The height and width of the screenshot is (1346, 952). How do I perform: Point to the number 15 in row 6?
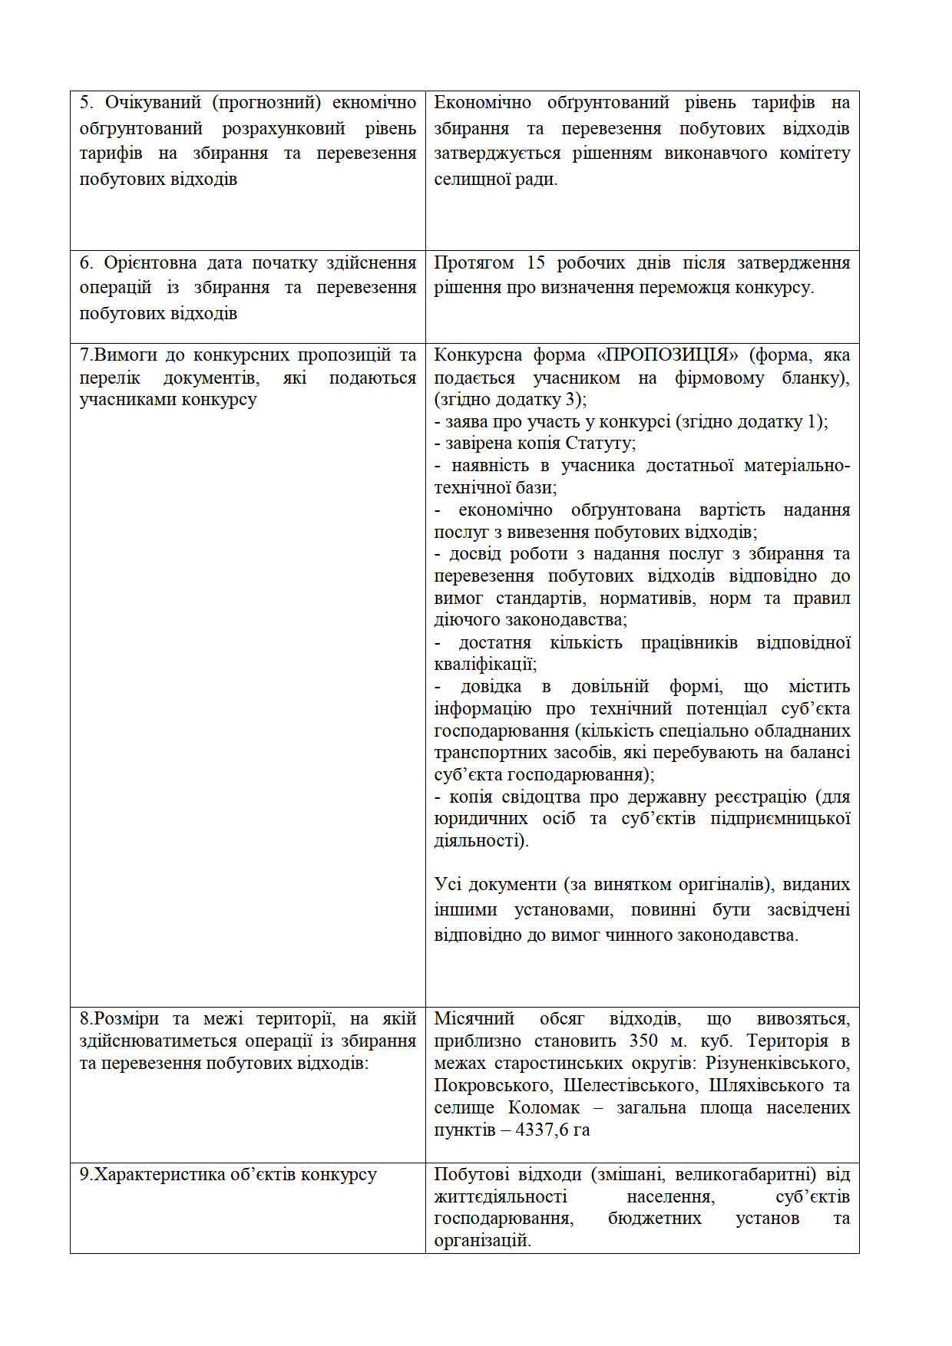click(535, 263)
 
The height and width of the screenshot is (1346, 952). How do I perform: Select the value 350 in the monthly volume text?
click(643, 1041)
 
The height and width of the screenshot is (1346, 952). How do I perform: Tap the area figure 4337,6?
click(543, 1130)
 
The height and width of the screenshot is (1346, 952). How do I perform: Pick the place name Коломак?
click(544, 1107)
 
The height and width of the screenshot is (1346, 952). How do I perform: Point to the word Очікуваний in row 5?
click(153, 103)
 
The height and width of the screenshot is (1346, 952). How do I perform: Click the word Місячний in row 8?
click(474, 1019)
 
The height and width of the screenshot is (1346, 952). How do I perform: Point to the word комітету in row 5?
click(815, 153)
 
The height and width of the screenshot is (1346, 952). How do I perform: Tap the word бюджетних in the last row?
click(655, 1219)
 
